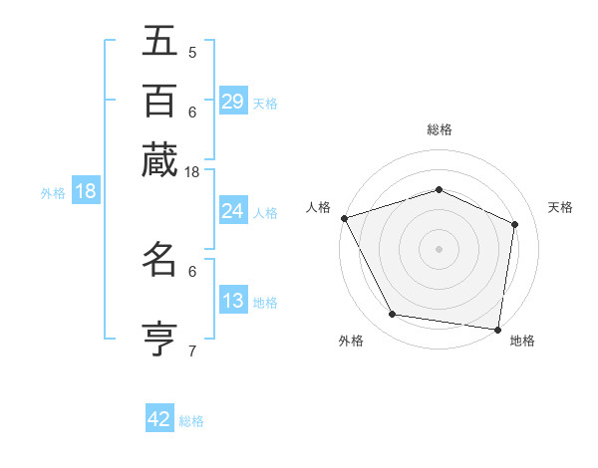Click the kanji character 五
[x=159, y=41]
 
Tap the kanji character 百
[x=159, y=100]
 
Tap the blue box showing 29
[x=233, y=102]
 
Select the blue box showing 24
[x=233, y=211]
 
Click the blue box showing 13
[x=233, y=301]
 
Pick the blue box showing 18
[x=85, y=191]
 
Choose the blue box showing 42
[x=159, y=419]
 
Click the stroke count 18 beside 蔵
[x=192, y=172]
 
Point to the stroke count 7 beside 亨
[x=192, y=351]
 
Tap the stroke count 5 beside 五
[x=192, y=52]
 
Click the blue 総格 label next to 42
[x=191, y=421]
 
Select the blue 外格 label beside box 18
[x=53, y=193]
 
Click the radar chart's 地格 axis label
[x=522, y=342]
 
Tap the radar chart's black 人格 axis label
[x=319, y=207]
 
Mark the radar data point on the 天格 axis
[x=515, y=224]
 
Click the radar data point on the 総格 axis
[x=440, y=189]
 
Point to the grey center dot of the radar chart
[x=440, y=248]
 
